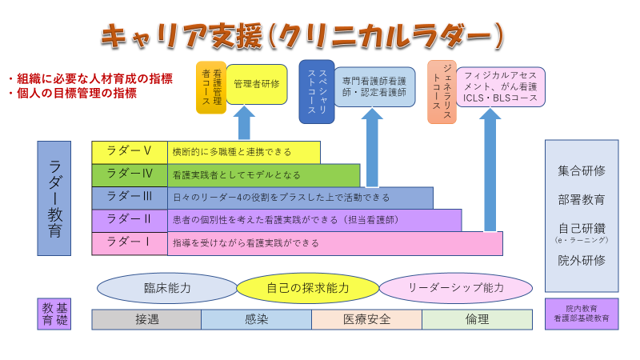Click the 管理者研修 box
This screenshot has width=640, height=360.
pos(257,84)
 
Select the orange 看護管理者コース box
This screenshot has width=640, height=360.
pos(211,86)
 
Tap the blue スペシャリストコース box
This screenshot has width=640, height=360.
pos(317,91)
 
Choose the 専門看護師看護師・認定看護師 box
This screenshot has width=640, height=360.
pos(374,86)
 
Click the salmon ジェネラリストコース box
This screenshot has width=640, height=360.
pos(442,91)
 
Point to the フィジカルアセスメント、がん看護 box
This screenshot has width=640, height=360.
pos(501,86)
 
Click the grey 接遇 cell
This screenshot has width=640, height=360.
pos(146,319)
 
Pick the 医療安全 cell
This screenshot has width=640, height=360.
pos(366,319)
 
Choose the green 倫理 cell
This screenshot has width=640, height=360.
pos(477,319)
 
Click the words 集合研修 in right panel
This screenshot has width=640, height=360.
pos(582,171)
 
